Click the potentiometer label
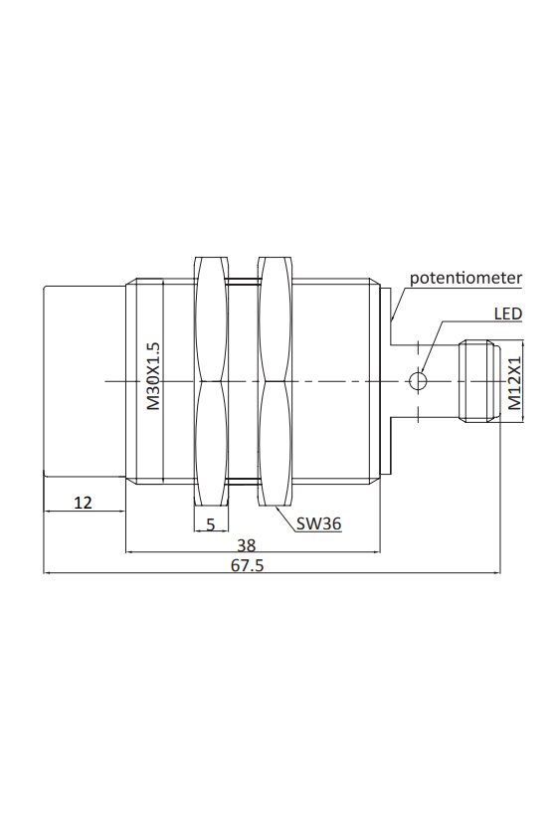coord(465,279)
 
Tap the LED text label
coord(507,313)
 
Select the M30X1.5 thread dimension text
coord(153,376)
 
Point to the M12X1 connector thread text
coord(514,382)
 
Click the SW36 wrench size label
coord(318,524)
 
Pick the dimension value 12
coord(83,503)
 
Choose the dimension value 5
coord(211,524)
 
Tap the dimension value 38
coord(247,545)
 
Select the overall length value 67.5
coord(247,564)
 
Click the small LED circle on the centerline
coord(418,381)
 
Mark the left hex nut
coord(211,381)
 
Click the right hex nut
coord(276,381)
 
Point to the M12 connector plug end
coord(479,381)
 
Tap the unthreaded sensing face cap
coord(85,381)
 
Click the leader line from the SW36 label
coord(286,520)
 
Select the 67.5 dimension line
coord(272,573)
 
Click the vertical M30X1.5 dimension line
coord(163,381)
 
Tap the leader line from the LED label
coord(432,346)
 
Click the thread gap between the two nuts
coord(243,381)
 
